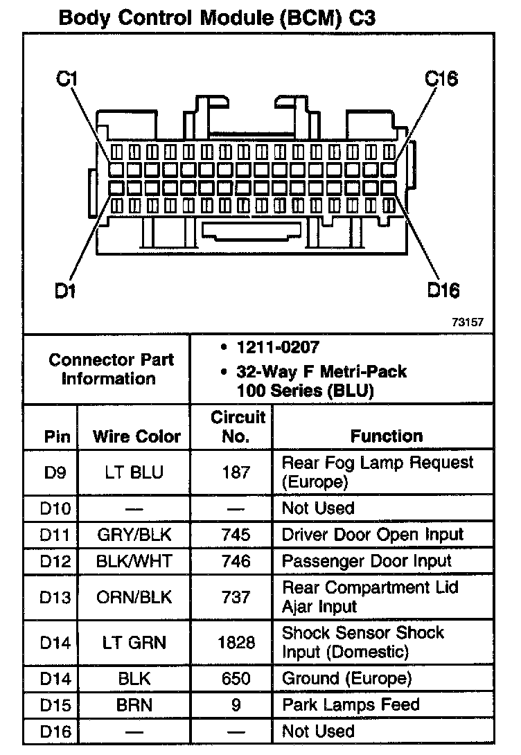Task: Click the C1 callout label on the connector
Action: coord(67,78)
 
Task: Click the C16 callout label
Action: coord(441,78)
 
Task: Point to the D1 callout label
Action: coord(65,290)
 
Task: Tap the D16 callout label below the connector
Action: coord(443,290)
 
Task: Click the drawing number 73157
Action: coord(467,322)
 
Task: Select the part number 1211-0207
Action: coord(278,346)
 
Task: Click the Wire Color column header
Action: coord(136,436)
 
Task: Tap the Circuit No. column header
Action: coord(238,427)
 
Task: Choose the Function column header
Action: coord(387,436)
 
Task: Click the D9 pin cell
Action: coord(53,472)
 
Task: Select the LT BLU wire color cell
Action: coord(134,472)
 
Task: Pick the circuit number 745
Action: coord(236,535)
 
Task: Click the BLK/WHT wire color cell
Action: coord(134,561)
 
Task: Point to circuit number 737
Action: coord(236,597)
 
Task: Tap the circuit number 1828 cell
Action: coord(236,643)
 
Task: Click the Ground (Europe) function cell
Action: coord(346,678)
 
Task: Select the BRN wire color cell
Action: coord(134,705)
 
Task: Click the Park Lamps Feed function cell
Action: coord(351,705)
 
